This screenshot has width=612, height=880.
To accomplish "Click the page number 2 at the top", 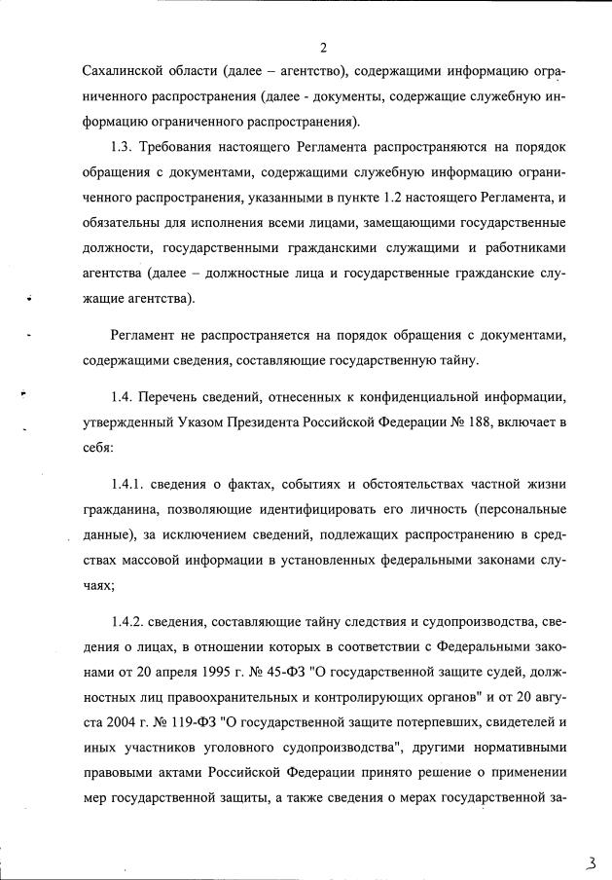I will click(x=323, y=48).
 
